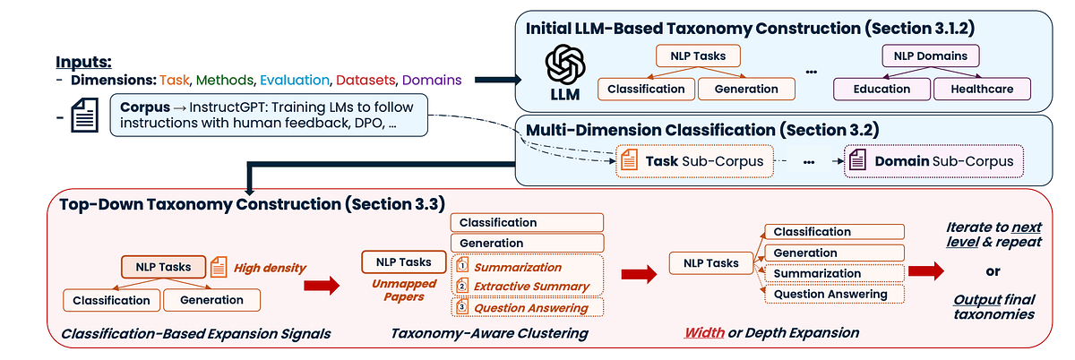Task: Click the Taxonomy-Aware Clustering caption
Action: [489, 333]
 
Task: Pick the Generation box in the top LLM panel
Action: [746, 89]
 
